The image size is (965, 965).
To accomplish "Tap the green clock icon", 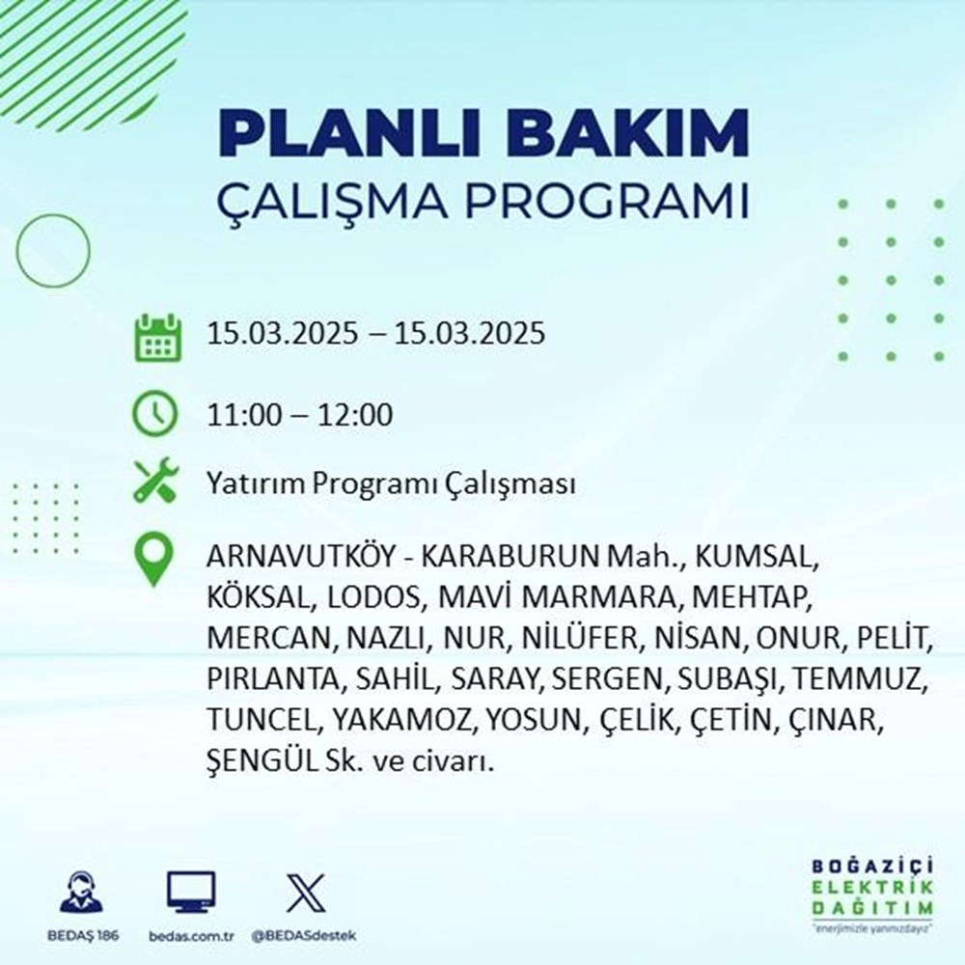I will pos(155,416).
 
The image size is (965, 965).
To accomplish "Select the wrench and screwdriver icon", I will pos(155,482).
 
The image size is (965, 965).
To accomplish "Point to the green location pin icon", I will pos(155,561).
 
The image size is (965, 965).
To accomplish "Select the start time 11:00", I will pos(242,416).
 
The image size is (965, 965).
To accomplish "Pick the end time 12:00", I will pos(357,416).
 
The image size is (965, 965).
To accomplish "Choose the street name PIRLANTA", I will pos(271,680).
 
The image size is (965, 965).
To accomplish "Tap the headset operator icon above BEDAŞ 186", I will pos(80,893).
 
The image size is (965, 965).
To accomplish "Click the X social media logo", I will pos(302,893).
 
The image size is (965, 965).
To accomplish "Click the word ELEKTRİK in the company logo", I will pos(872,889).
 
